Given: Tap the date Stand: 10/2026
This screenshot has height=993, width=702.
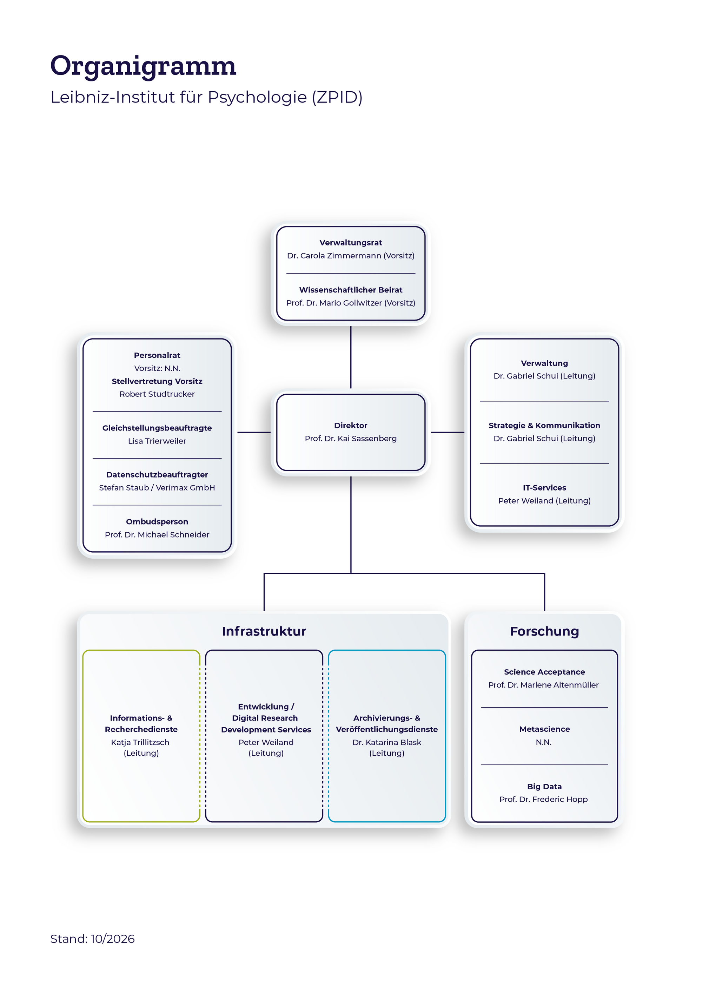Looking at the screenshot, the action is click(x=93, y=939).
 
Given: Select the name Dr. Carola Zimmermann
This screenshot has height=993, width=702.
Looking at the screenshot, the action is click(x=334, y=256).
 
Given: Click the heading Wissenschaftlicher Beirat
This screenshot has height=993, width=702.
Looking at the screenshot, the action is click(x=351, y=290).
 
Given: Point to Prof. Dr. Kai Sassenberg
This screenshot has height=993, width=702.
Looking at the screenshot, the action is click(x=351, y=439).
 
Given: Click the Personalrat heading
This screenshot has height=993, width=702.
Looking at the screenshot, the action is click(x=157, y=355).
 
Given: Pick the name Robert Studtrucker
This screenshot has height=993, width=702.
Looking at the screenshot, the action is click(x=157, y=394).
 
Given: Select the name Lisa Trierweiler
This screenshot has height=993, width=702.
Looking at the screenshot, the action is click(x=157, y=441).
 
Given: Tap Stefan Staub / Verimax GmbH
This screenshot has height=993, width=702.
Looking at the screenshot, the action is click(x=157, y=488).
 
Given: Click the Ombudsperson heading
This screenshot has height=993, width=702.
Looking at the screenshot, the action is click(x=157, y=521).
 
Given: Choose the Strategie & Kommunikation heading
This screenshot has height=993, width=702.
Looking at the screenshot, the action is click(x=544, y=426).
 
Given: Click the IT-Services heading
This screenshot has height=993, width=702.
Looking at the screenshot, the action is click(x=544, y=488).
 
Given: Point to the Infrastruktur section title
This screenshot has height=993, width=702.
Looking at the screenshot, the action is click(x=264, y=631).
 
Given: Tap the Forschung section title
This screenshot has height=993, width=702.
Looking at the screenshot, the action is click(x=544, y=631).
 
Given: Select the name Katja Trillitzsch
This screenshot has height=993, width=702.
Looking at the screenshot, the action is click(x=140, y=743).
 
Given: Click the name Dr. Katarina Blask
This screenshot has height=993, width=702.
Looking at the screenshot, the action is click(x=387, y=743).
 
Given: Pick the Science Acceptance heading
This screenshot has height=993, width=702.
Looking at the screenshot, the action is click(x=544, y=672).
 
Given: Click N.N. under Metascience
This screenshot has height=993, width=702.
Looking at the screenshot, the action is click(x=544, y=743).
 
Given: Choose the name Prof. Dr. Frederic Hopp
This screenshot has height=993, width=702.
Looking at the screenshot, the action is click(x=543, y=800).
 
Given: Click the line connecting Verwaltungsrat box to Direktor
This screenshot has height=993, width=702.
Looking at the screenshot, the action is click(x=351, y=357).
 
